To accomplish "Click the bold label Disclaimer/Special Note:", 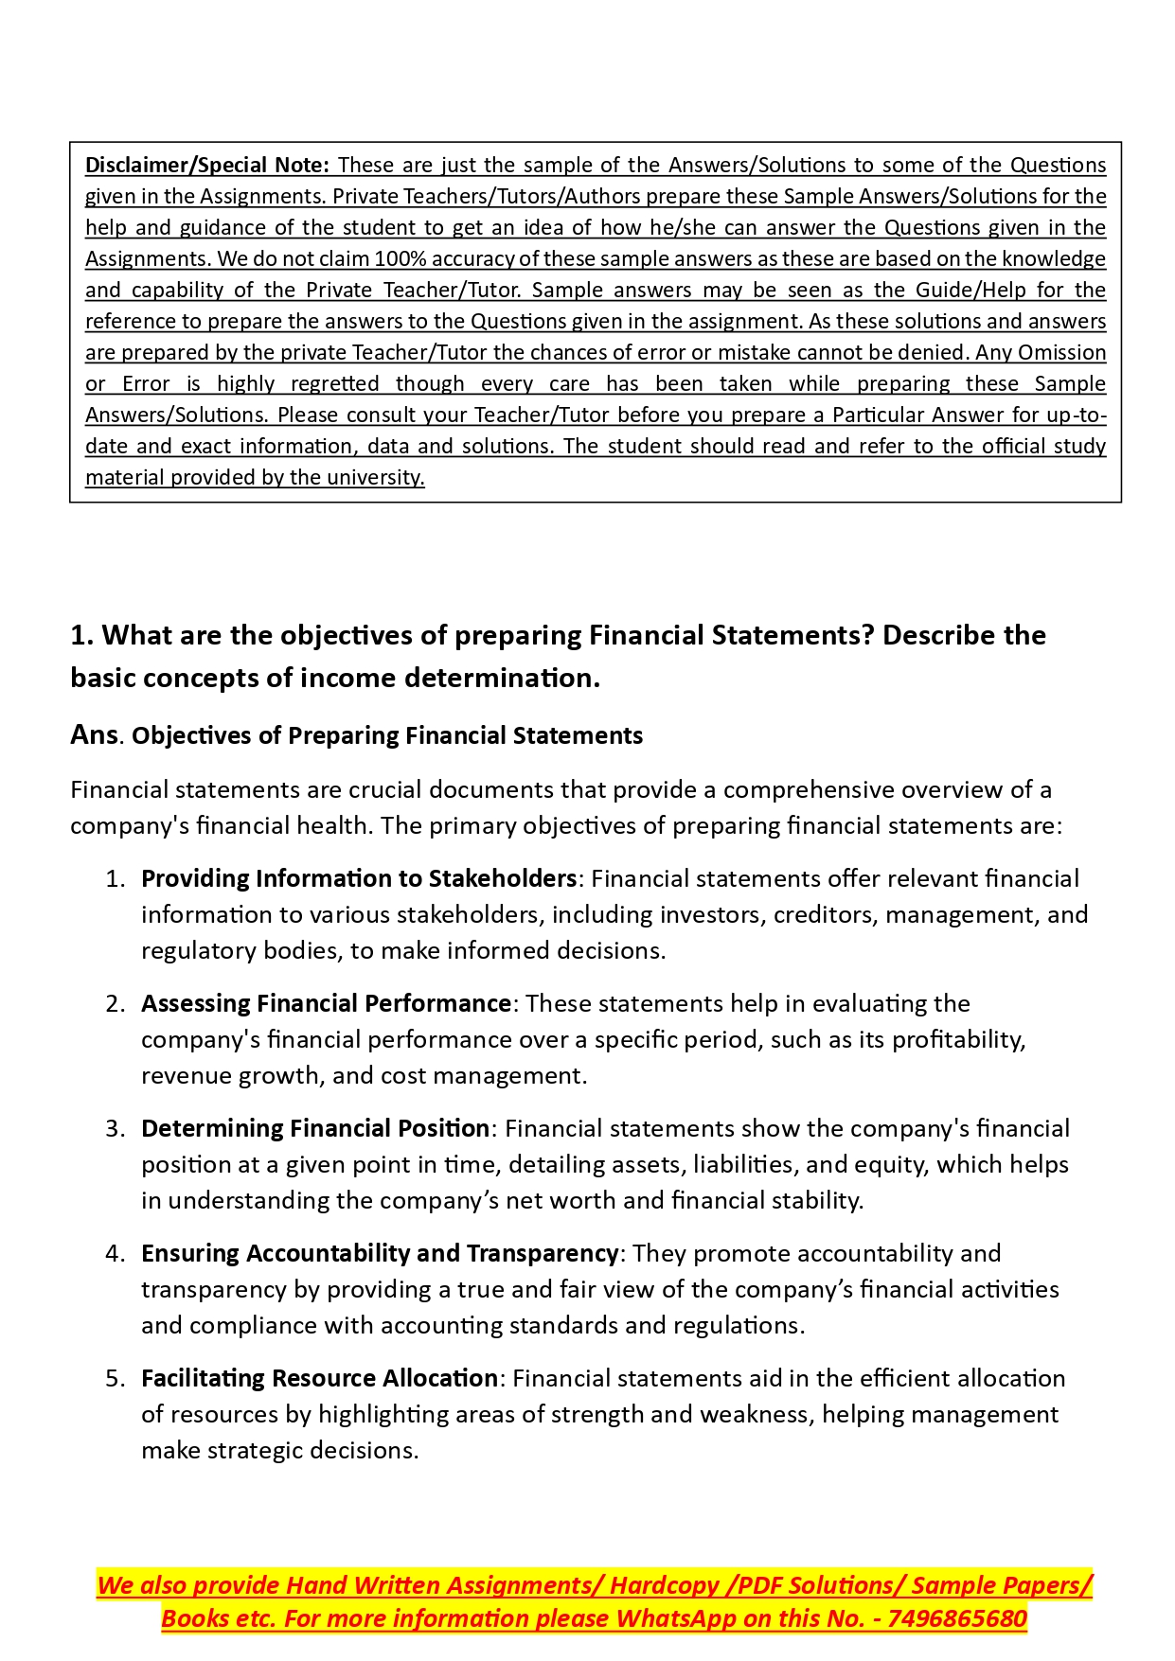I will tap(206, 165).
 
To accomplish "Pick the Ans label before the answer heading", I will tap(94, 734).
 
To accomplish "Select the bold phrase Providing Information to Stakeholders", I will tap(359, 878).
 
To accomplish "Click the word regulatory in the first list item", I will tap(192, 950).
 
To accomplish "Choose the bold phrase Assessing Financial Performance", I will tap(327, 1003).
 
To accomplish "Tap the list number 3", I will tap(115, 1128).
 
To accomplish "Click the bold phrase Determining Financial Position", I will tap(315, 1128).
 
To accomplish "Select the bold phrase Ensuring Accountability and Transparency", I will tap(380, 1253).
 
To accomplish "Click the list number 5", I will tap(115, 1378).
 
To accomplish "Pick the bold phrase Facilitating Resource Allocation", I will tap(319, 1378).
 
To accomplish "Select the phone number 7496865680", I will tap(957, 1618).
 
